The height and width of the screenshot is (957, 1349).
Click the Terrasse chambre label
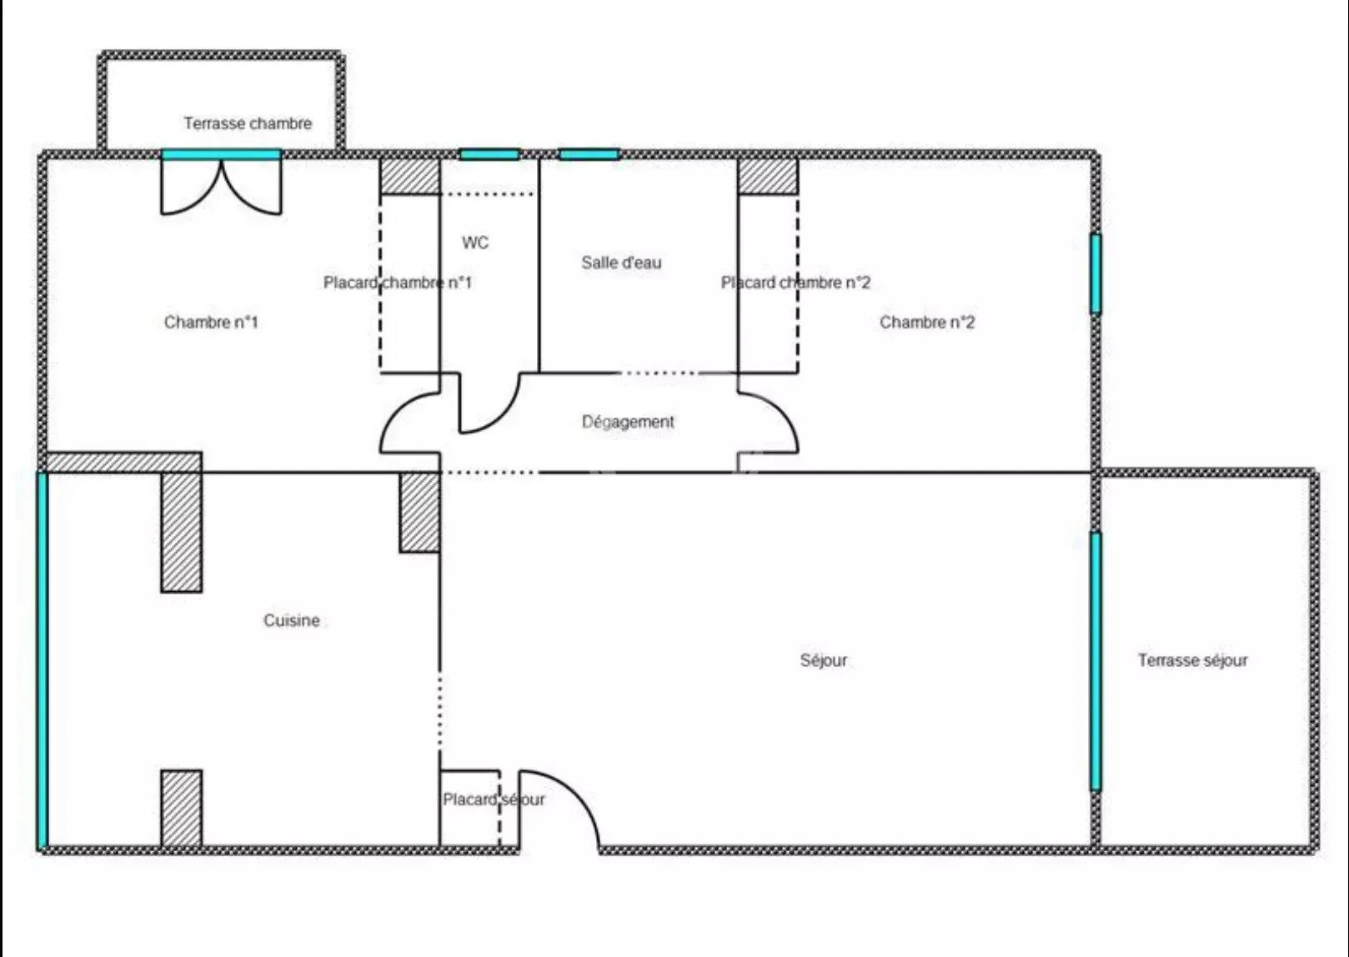(x=248, y=123)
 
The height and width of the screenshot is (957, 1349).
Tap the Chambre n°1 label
(x=211, y=323)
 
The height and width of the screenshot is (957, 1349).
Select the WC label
(x=475, y=243)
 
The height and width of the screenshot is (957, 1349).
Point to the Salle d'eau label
(x=621, y=263)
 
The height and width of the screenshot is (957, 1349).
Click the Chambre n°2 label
(x=927, y=323)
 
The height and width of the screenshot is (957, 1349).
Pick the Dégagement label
(x=628, y=422)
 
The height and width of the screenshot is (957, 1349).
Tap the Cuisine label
(x=292, y=620)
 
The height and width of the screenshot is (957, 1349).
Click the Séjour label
(x=823, y=660)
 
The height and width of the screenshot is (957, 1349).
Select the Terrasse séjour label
(x=1192, y=660)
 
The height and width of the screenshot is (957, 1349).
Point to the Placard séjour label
(x=494, y=799)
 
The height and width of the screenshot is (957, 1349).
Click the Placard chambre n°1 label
(x=398, y=283)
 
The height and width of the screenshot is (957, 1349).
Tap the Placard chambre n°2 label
(x=795, y=283)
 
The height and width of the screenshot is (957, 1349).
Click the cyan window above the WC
(x=489, y=155)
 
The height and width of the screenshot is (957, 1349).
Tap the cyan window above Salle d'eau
(x=589, y=155)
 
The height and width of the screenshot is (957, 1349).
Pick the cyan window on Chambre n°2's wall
(x=1096, y=274)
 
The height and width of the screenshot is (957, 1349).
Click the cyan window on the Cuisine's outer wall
(x=43, y=660)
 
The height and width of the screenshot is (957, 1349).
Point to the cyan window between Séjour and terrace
(x=1096, y=661)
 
